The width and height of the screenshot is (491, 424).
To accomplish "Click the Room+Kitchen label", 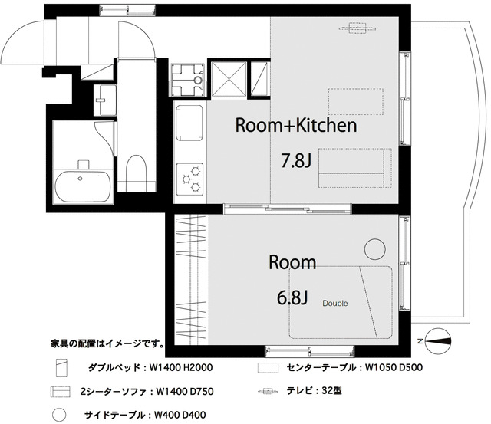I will [295, 126].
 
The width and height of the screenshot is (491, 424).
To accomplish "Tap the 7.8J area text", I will [297, 161].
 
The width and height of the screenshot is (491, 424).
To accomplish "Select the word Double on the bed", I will [334, 304].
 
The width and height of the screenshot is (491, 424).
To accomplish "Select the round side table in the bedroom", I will [374, 250].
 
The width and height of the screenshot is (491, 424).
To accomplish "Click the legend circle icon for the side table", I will [57, 415].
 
